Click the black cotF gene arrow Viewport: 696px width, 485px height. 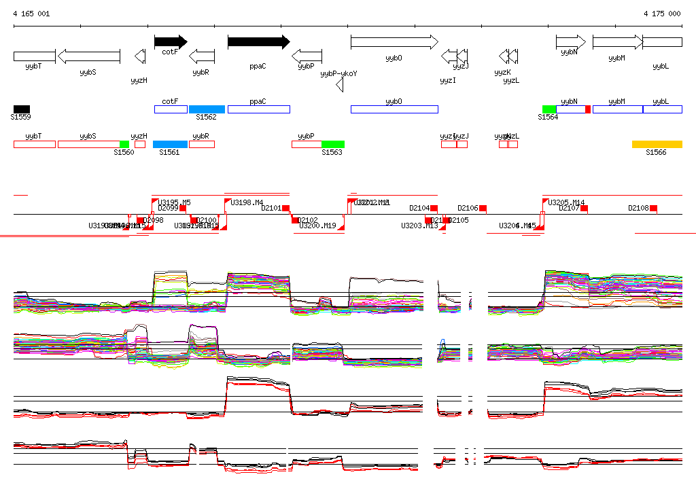point(170,42)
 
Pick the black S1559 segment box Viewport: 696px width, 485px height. point(22,109)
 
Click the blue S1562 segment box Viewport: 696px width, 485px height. point(207,109)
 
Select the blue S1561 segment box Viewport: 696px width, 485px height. point(170,144)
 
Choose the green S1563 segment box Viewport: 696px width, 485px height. point(333,144)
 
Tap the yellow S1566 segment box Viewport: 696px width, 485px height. point(657,144)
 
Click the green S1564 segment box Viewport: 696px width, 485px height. point(549,109)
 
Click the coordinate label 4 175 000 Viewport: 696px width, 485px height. point(662,14)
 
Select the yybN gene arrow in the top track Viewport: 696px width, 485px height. point(570,42)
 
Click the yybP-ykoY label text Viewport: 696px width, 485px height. point(338,73)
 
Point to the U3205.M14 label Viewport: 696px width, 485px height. point(566,202)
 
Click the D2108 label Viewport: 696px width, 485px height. point(638,208)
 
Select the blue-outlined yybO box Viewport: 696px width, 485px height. point(394,109)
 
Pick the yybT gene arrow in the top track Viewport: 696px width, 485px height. point(34,56)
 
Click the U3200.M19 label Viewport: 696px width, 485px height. point(317,226)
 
